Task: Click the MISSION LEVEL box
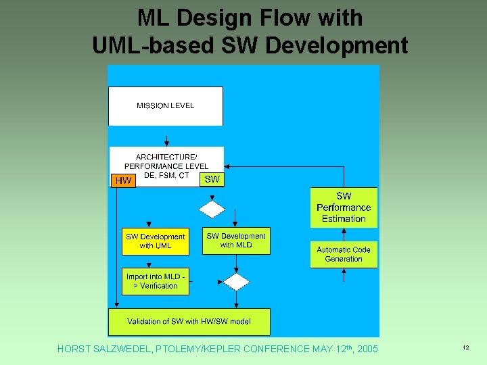pyautogui.click(x=166, y=106)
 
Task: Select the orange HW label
pyautogui.click(x=123, y=180)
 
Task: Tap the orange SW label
pyautogui.click(x=212, y=179)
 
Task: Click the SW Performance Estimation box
pyautogui.click(x=344, y=208)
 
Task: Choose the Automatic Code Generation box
pyautogui.click(x=344, y=254)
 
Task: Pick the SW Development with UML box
pyautogui.click(x=156, y=241)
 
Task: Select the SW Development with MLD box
pyautogui.click(x=236, y=241)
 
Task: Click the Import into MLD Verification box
pyautogui.click(x=156, y=281)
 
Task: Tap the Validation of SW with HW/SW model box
pyautogui.click(x=189, y=322)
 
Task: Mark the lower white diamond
pyautogui.click(x=236, y=281)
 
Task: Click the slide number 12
pyautogui.click(x=466, y=347)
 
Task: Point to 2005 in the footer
pyautogui.click(x=366, y=349)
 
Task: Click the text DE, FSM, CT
pyautogui.click(x=166, y=176)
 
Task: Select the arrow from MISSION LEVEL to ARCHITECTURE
pyautogui.click(x=166, y=137)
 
